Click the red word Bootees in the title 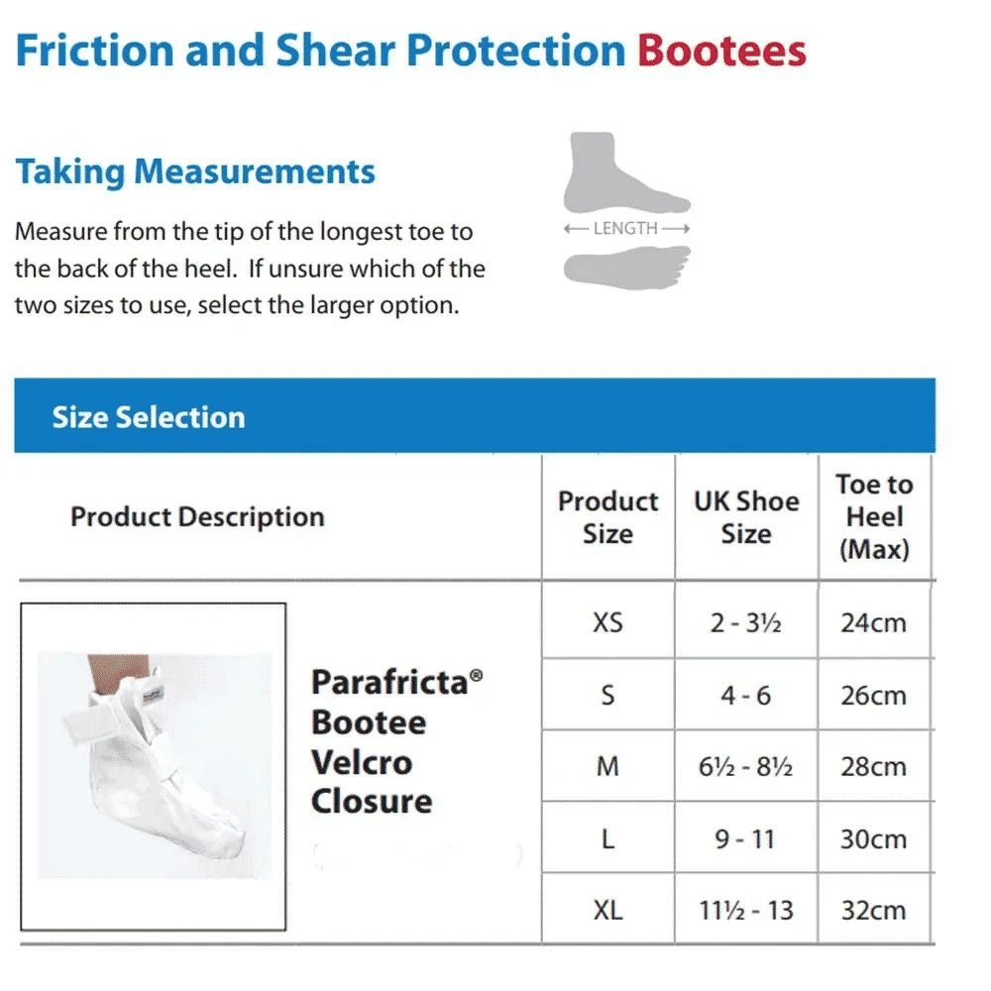pyautogui.click(x=721, y=51)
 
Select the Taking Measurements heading pyautogui.click(x=195, y=171)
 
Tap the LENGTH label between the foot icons pyautogui.click(x=626, y=228)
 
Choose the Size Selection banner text pyautogui.click(x=149, y=417)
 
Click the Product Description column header pyautogui.click(x=197, y=516)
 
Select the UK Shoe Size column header pyautogui.click(x=746, y=516)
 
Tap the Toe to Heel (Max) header pyautogui.click(x=873, y=516)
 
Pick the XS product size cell pyautogui.click(x=607, y=623)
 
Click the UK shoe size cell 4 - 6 pyautogui.click(x=746, y=696)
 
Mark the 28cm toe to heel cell pyautogui.click(x=873, y=767)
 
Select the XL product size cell pyautogui.click(x=607, y=910)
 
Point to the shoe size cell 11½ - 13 pyautogui.click(x=746, y=910)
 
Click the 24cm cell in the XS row pyautogui.click(x=873, y=623)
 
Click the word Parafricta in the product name pyautogui.click(x=390, y=682)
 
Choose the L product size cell pyautogui.click(x=607, y=838)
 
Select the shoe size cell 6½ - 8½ pyautogui.click(x=746, y=767)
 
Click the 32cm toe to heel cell pyautogui.click(x=873, y=910)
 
